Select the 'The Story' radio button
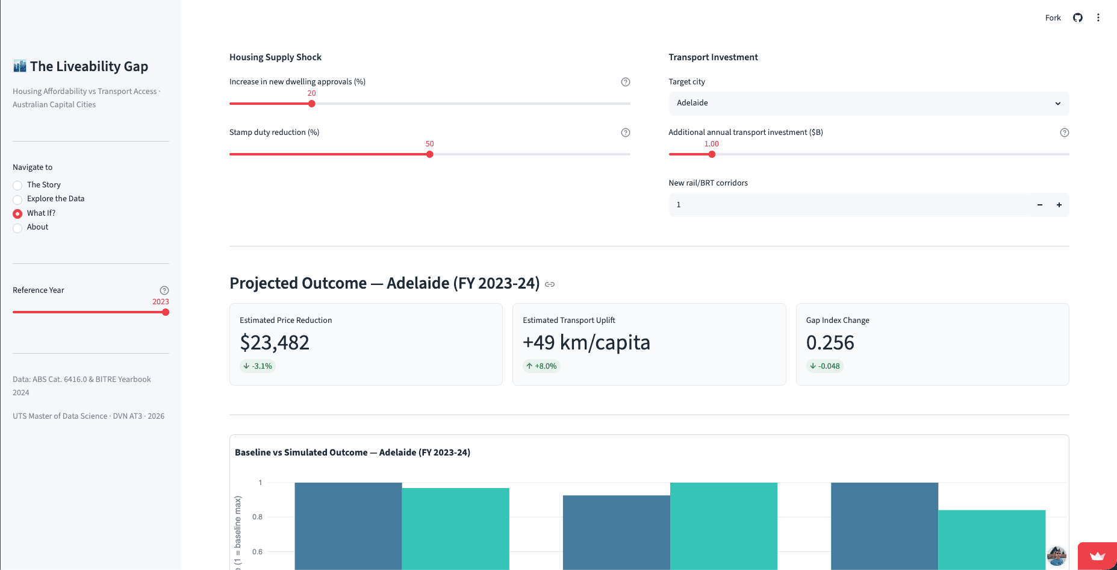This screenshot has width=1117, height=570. click(x=17, y=186)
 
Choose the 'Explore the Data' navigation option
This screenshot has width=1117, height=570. click(x=17, y=199)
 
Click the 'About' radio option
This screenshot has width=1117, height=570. click(x=17, y=228)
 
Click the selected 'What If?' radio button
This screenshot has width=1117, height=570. click(x=17, y=213)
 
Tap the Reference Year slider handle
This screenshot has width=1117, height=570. click(x=166, y=312)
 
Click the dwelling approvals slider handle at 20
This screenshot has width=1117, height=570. click(x=312, y=104)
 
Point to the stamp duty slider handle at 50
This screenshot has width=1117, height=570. click(x=430, y=154)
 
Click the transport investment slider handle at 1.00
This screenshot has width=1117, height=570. click(x=712, y=154)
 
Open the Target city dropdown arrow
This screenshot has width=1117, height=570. click(x=1058, y=104)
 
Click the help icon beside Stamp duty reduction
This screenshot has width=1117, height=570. click(x=626, y=133)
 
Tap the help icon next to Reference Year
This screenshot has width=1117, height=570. click(x=164, y=290)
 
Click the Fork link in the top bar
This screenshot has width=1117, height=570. click(x=1053, y=17)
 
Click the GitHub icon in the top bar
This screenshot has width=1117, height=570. click(x=1078, y=17)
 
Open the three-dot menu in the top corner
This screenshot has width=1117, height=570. click(x=1098, y=17)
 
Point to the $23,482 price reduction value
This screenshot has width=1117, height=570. click(x=275, y=342)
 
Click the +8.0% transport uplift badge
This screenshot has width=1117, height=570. click(x=542, y=366)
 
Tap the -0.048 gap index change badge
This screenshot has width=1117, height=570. click(x=825, y=366)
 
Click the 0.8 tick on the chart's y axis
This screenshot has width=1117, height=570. click(x=257, y=517)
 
